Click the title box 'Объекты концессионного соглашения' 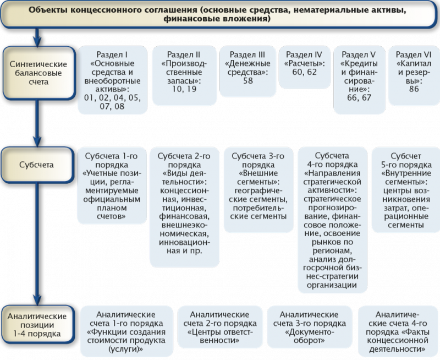point(220,14)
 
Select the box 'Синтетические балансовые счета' point(38,73)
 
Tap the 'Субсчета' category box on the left point(37,165)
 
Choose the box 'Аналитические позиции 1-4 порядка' point(37,325)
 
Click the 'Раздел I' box point(112,80)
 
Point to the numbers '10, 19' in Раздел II point(184,89)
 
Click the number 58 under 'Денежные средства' point(248,80)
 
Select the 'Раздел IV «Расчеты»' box point(305,67)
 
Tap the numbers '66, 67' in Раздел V point(359,98)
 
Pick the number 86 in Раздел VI point(414,89)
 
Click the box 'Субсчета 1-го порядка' point(112,186)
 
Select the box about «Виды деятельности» point(184,207)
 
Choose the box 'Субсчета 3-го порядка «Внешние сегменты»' point(258,190)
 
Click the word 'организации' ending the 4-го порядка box point(332,285)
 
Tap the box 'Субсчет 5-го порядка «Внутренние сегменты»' point(405,190)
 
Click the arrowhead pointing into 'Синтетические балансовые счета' point(37,42)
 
